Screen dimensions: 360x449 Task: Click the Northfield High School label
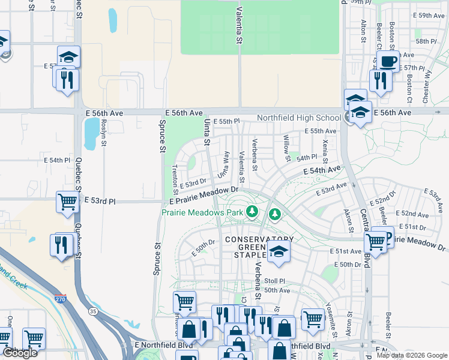tap(298, 118)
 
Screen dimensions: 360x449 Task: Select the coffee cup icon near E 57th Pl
tap(388, 61)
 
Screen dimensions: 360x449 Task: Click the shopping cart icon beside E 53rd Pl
tap(68, 202)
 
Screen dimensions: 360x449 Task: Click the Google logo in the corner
tap(20, 353)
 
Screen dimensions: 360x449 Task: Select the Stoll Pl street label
tap(274, 280)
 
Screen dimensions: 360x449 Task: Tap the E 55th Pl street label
tap(226, 121)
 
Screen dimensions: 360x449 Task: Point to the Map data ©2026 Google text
tap(411, 355)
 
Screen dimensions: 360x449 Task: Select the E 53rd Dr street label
tap(192, 182)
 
